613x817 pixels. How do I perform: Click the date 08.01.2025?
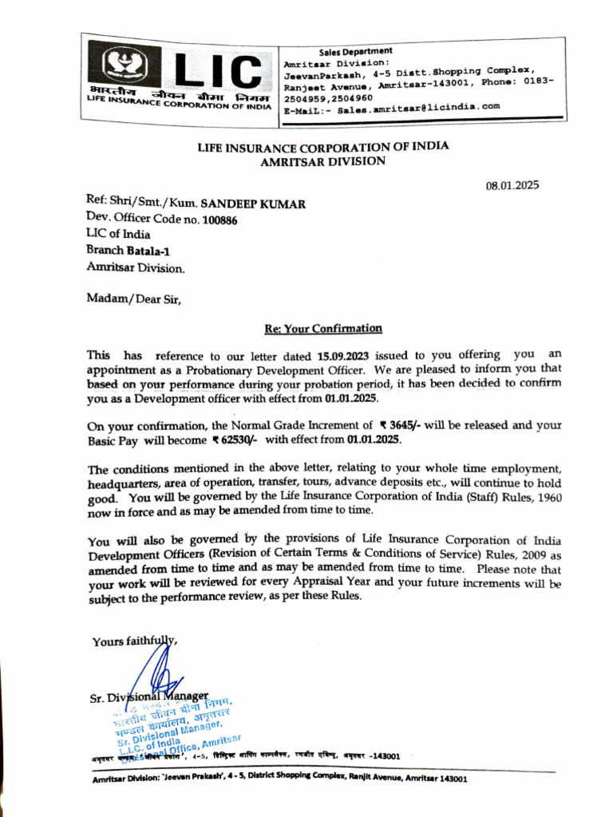512,186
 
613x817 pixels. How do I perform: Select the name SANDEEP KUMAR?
252,204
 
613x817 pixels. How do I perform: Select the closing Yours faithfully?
134,641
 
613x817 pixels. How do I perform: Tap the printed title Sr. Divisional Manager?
149,697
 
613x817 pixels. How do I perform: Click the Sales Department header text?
355,51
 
